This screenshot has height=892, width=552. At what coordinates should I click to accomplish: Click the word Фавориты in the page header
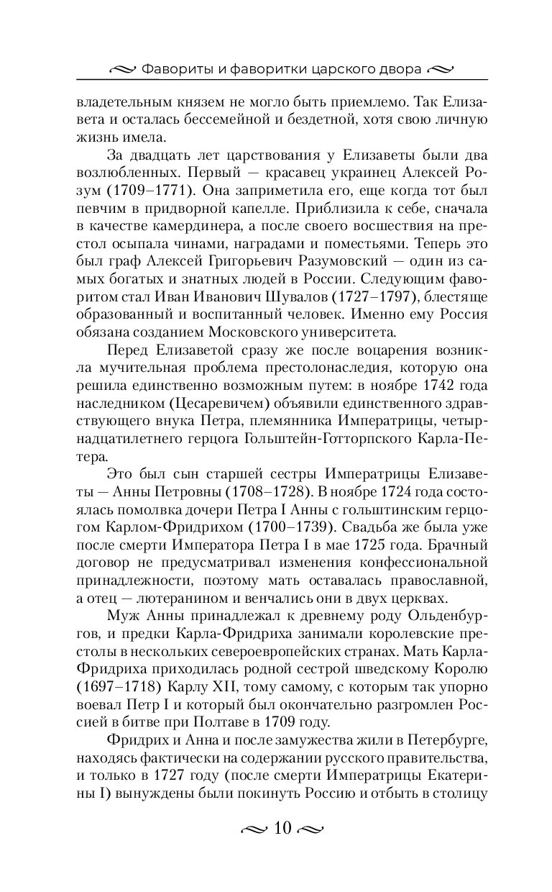pyautogui.click(x=172, y=70)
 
